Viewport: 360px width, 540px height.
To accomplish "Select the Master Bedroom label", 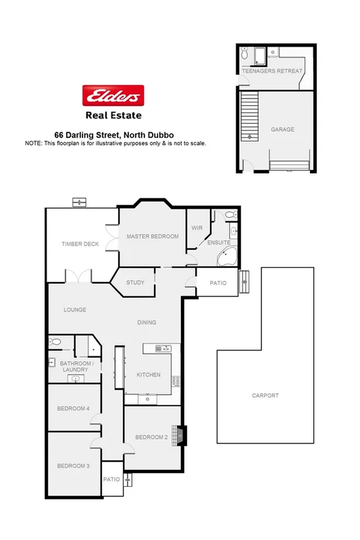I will point(153,236).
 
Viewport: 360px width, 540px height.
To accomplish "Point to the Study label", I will point(135,282).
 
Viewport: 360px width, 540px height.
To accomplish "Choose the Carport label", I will point(265,396).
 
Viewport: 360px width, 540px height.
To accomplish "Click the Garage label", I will point(282,129).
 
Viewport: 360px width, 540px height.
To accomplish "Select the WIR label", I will point(197,228).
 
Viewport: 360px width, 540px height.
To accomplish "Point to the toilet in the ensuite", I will point(230,215).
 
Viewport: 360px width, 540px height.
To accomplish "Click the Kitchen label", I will point(148,375).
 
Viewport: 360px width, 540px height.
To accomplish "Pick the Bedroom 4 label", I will point(74,408).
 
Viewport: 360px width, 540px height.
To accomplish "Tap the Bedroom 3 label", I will point(74,466).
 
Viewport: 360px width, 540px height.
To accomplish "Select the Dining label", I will point(146,322).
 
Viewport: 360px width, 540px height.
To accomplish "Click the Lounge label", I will point(75,310).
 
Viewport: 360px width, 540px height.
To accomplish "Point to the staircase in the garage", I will point(251,115).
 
